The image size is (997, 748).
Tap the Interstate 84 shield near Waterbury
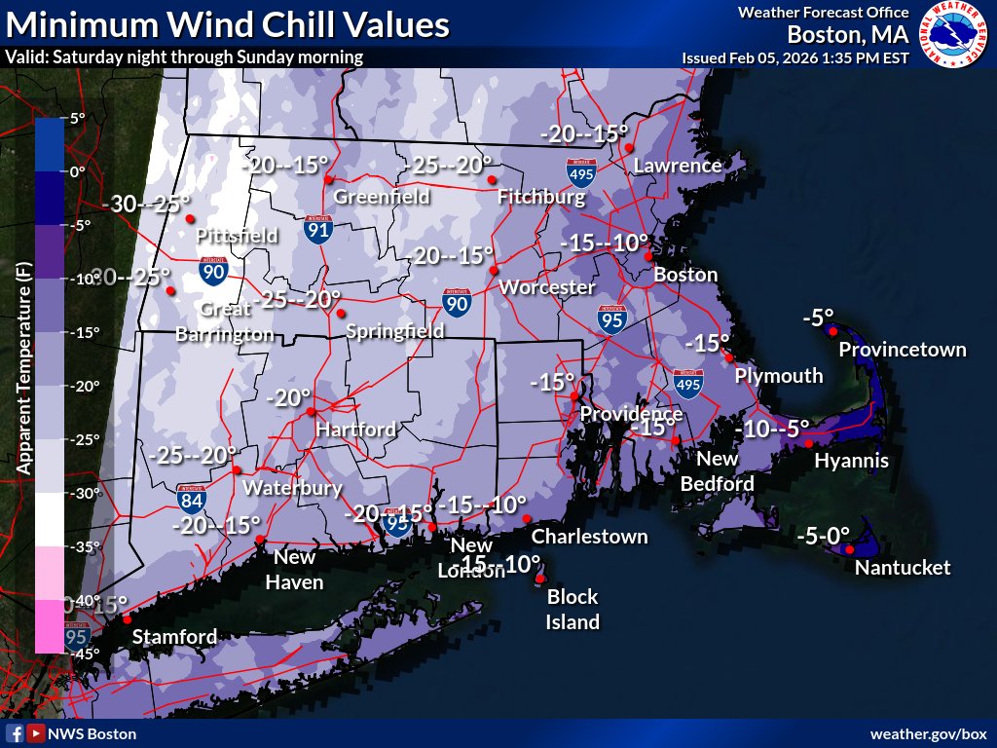pyautogui.click(x=192, y=499)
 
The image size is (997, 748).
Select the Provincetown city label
pyautogui.click(x=903, y=350)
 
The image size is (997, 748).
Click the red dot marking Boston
pyautogui.click(x=648, y=256)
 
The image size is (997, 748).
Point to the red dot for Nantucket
pyautogui.click(x=850, y=550)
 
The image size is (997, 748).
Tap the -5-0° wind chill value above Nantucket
pyautogui.click(x=823, y=534)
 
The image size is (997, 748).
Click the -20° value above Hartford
pyautogui.click(x=288, y=397)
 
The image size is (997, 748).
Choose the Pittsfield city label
pyautogui.click(x=237, y=236)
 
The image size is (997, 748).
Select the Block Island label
pyautogui.click(x=572, y=609)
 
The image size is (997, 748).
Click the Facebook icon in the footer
pyautogui.click(x=15, y=733)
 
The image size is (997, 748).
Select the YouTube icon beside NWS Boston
pyautogui.click(x=35, y=733)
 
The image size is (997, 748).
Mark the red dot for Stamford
pyautogui.click(x=126, y=618)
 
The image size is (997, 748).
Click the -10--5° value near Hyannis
pyautogui.click(x=772, y=428)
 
